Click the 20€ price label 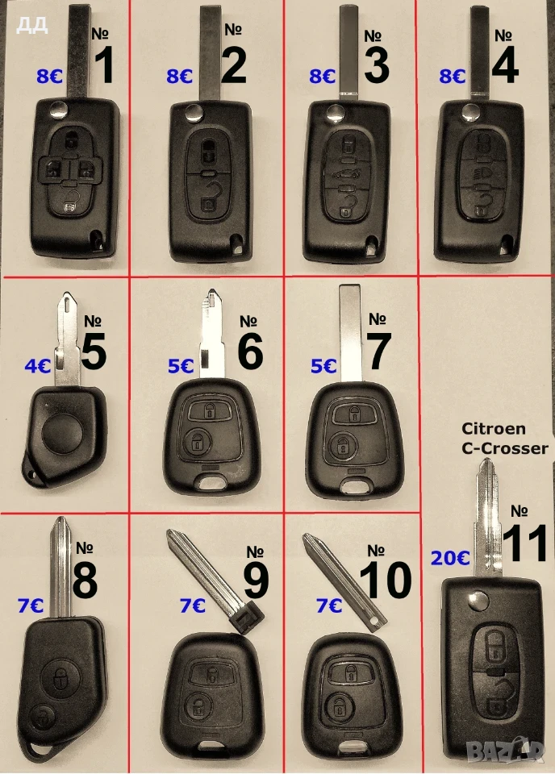tap(450, 558)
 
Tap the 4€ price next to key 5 tap(38, 366)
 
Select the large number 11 tap(525, 543)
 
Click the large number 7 tap(378, 351)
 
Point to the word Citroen tap(493, 428)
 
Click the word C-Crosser tap(505, 448)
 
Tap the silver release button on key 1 tap(59, 109)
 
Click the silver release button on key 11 tap(478, 602)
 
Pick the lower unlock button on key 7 tap(340, 445)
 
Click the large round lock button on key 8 tap(61, 679)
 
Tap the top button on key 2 tap(208, 151)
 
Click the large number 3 tap(377, 64)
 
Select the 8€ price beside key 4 tap(453, 76)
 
